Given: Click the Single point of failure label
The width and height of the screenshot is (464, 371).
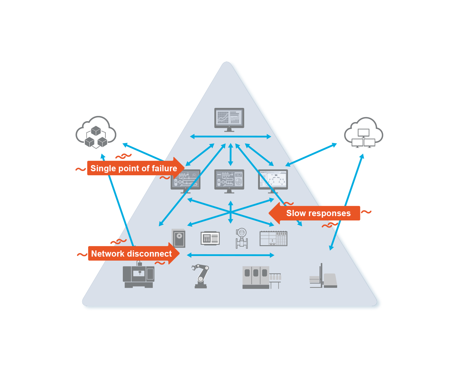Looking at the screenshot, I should pyautogui.click(x=134, y=168).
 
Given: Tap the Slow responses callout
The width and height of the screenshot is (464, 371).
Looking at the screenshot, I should pyautogui.click(x=318, y=213).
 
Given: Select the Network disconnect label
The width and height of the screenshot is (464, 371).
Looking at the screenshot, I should pyautogui.click(x=131, y=254).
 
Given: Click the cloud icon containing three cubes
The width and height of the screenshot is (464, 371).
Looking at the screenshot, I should pyautogui.click(x=96, y=133).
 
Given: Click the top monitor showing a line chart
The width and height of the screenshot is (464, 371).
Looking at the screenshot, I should pyautogui.click(x=229, y=119).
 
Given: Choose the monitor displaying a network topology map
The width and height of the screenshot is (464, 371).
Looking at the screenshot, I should pyautogui.click(x=273, y=180).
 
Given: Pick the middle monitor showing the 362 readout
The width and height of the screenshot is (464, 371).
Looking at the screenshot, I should pyautogui.click(x=229, y=180).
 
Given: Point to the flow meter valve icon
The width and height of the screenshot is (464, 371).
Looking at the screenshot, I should pyautogui.click(x=241, y=238).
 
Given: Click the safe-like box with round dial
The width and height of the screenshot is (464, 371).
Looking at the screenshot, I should pyautogui.click(x=179, y=238).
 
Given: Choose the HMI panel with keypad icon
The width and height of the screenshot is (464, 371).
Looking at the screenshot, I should pyautogui.click(x=210, y=238).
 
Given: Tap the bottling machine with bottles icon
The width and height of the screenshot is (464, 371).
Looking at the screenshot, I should pyautogui.click(x=261, y=277).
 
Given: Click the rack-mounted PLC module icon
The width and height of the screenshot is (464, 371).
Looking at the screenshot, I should pyautogui.click(x=273, y=238).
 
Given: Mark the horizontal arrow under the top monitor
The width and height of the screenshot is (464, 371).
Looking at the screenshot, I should pyautogui.click(x=230, y=136).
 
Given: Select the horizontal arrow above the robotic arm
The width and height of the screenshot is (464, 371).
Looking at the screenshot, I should pyautogui.click(x=230, y=255).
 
